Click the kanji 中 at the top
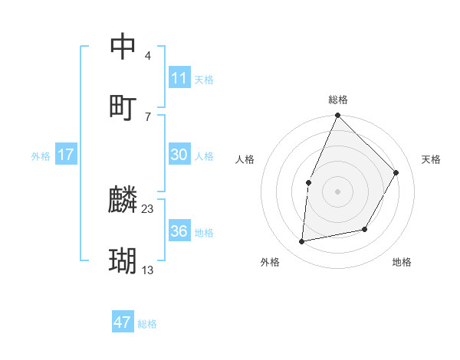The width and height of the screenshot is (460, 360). tap(123, 47)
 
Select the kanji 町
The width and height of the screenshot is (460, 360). tap(123, 108)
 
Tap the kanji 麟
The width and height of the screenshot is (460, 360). tap(123, 201)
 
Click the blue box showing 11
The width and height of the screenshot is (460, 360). tap(179, 78)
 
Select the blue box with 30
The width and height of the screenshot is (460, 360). tap(179, 155)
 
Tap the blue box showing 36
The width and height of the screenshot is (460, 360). tap(179, 231)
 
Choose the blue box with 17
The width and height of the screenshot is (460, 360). tap(66, 155)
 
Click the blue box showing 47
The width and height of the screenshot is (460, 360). tap(123, 322)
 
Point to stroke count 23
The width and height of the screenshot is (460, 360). tap(148, 208)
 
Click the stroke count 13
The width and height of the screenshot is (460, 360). tap(148, 270)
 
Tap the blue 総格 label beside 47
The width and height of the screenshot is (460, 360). tap(148, 324)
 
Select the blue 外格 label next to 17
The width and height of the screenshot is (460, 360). tap(41, 156)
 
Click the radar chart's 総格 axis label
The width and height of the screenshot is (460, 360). tap(338, 100)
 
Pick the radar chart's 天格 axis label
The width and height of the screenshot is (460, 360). tap(432, 159)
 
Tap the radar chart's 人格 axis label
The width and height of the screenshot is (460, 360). tap(245, 159)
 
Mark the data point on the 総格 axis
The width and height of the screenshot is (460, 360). tap(337, 116)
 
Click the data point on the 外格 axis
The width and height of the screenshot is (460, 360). tap(302, 242)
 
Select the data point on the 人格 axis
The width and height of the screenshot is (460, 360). tap(308, 182)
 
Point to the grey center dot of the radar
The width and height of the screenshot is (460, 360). tap(337, 191)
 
